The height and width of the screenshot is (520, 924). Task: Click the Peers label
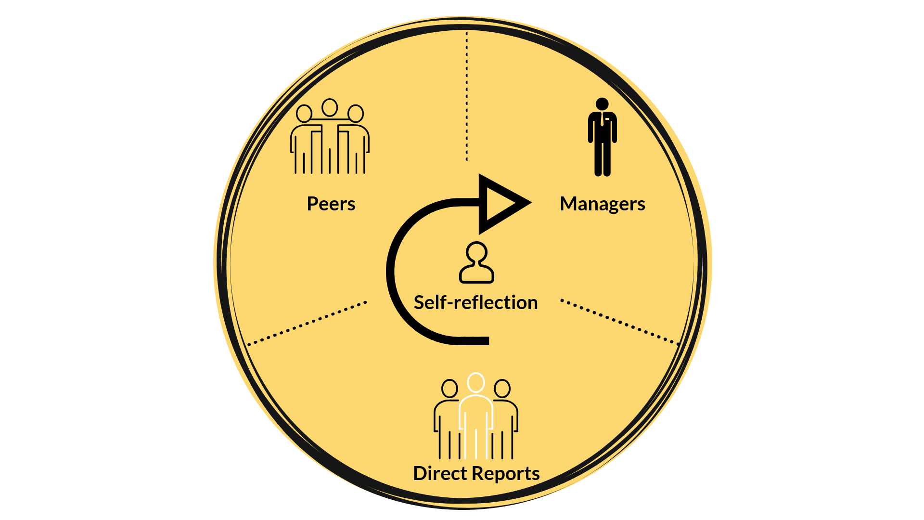point(331,204)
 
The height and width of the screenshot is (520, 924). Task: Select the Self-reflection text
point(475,302)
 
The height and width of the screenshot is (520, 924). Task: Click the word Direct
point(440,473)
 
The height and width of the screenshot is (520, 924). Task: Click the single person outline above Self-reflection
point(476,262)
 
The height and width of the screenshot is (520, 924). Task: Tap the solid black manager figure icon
point(602,137)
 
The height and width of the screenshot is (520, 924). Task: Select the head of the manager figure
point(602,104)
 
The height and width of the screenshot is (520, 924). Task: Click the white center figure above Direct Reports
point(476,416)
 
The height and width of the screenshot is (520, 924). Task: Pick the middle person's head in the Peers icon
point(330,107)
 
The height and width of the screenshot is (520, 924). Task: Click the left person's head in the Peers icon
point(304,114)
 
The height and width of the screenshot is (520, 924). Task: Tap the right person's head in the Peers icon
point(355,114)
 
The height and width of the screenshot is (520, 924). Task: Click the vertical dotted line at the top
point(466,96)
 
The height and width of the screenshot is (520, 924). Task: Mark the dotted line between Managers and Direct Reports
point(620,322)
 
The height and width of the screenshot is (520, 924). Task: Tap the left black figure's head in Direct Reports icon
point(449,389)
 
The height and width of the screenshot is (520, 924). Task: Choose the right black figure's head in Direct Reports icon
point(502,389)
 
